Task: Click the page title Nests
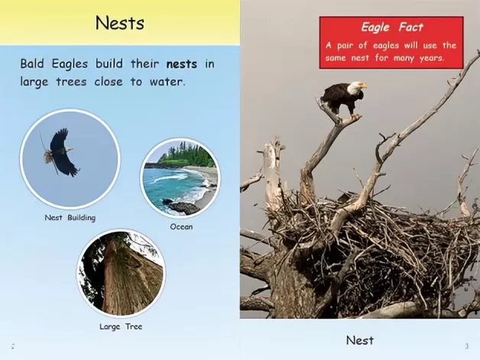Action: [x=120, y=23]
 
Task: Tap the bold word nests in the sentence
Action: [x=182, y=64]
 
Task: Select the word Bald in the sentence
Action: [x=32, y=63]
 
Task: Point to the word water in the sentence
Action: [x=167, y=82]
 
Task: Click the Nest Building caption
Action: [x=70, y=218]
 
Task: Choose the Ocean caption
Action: [x=182, y=227]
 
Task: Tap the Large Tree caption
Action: [x=121, y=326]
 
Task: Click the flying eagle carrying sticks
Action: [x=61, y=152]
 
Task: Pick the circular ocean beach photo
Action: [x=180, y=178]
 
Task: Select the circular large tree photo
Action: [x=122, y=273]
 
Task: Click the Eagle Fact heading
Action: [x=392, y=28]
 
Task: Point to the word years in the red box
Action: [x=432, y=58]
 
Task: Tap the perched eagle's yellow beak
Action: [x=362, y=86]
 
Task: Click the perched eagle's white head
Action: [x=355, y=88]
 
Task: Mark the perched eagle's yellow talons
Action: [x=355, y=117]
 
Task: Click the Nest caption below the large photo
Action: [x=360, y=340]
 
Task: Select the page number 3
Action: [x=467, y=346]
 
